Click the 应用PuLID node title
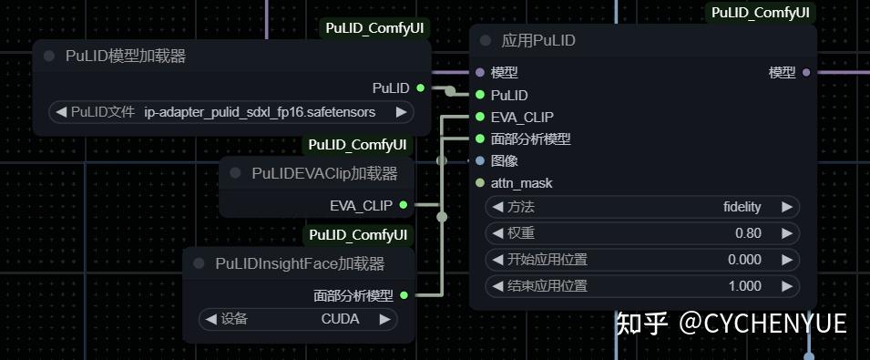tap(538, 41)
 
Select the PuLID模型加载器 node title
tap(126, 57)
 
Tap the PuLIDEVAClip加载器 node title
tap(324, 173)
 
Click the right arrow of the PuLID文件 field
tap(401, 112)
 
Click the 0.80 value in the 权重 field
tap(747, 233)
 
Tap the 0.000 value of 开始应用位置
tap(744, 260)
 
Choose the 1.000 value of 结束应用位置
tap(744, 286)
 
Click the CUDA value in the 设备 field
tap(340, 319)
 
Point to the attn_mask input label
tap(521, 183)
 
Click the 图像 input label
tap(504, 161)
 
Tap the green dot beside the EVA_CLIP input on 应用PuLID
tap(479, 117)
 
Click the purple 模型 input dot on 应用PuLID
tap(479, 72)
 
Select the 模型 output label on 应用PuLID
tap(782, 72)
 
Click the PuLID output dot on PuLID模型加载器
tap(420, 87)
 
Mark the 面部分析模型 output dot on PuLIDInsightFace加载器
tap(404, 295)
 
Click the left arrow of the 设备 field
tap(210, 319)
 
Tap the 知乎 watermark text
tap(642, 324)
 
